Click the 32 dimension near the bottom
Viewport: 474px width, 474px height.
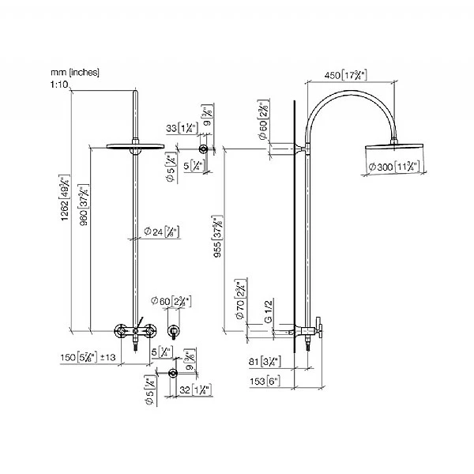[194, 389]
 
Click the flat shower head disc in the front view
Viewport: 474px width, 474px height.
[131, 146]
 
